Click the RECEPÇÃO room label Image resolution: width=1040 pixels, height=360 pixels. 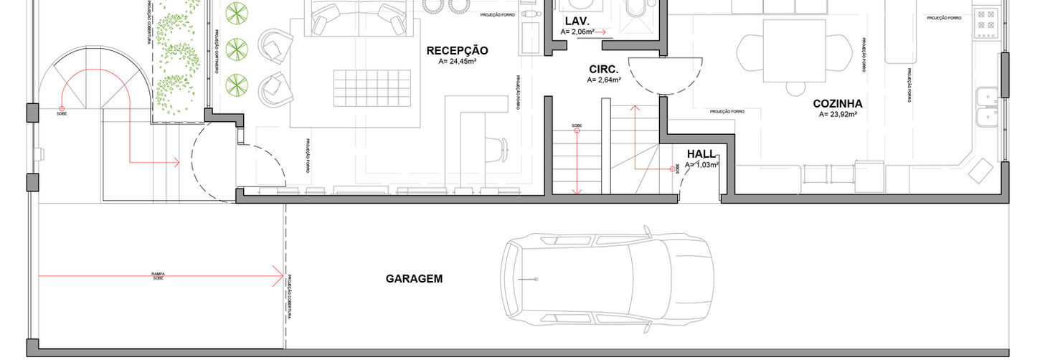457,51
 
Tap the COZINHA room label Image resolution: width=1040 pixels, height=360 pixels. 837,104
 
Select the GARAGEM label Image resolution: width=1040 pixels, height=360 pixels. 414,279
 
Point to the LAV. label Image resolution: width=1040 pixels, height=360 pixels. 577,21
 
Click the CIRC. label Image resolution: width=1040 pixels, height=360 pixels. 603,69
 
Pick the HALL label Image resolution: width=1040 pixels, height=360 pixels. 701,153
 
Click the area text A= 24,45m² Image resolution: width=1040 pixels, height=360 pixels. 457,62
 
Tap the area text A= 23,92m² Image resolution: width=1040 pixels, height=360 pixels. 838,115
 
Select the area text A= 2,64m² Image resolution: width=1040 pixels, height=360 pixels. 604,80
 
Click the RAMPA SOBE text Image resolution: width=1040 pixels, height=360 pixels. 158,275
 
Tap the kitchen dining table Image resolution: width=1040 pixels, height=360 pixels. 788,52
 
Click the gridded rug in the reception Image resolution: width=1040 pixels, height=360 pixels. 372,88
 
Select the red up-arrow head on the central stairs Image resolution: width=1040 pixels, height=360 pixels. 635,108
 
